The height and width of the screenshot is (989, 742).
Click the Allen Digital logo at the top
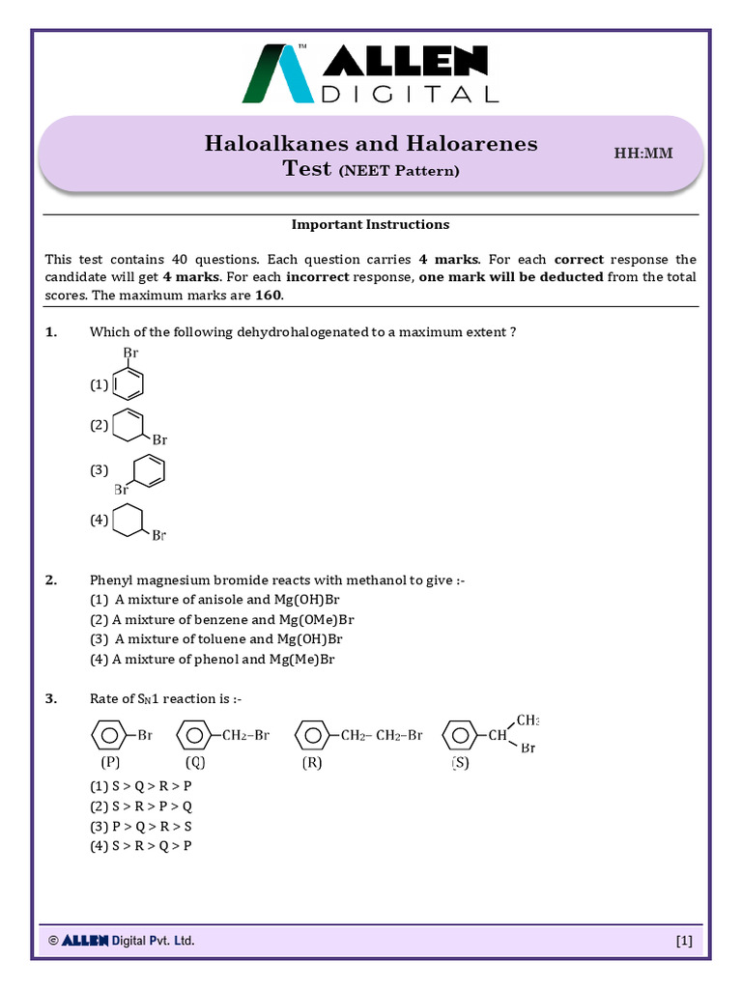click(x=371, y=74)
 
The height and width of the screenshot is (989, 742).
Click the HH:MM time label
click(x=643, y=154)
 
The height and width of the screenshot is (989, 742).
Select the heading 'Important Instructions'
click(x=371, y=224)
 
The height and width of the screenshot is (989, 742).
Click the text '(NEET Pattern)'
click(x=398, y=171)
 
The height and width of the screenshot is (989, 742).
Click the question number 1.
click(x=51, y=332)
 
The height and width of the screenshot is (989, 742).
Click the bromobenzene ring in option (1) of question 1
click(x=128, y=383)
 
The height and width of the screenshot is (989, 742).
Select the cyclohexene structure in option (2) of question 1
click(x=130, y=426)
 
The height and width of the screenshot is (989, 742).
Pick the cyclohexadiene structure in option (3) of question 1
click(x=148, y=470)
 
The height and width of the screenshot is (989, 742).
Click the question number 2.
click(x=51, y=580)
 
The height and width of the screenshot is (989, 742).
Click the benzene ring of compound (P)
click(x=107, y=736)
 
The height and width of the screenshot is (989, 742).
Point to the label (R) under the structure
click(x=311, y=763)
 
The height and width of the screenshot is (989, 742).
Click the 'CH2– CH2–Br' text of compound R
click(x=382, y=736)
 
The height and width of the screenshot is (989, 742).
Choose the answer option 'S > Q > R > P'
click(x=141, y=786)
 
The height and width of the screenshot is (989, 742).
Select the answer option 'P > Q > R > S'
click(x=141, y=826)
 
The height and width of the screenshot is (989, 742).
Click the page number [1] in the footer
click(x=684, y=941)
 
